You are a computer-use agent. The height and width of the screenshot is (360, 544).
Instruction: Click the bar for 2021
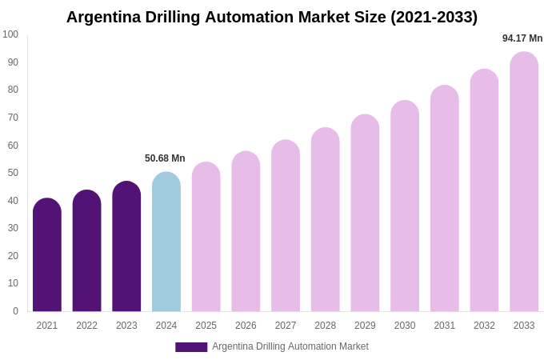(x=47, y=256)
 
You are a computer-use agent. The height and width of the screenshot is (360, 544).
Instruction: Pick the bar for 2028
(x=326, y=220)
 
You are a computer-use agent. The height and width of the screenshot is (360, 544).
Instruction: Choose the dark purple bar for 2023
(x=126, y=247)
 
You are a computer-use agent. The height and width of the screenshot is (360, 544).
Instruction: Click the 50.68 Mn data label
(x=165, y=158)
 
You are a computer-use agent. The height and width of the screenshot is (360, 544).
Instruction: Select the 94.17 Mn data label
(x=522, y=38)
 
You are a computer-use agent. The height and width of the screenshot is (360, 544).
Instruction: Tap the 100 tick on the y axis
(x=10, y=34)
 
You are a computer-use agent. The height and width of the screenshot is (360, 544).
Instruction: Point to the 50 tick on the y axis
(x=13, y=173)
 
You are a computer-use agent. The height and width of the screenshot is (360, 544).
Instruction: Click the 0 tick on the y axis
(x=15, y=311)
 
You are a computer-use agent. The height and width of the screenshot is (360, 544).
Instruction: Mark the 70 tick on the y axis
(x=13, y=118)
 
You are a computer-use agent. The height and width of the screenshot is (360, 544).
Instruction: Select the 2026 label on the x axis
(x=246, y=326)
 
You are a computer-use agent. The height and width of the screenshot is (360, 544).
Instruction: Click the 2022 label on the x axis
(x=86, y=326)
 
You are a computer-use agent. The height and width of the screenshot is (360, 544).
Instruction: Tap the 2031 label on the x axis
(x=445, y=326)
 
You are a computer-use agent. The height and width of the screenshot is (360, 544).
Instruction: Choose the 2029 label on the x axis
(x=365, y=326)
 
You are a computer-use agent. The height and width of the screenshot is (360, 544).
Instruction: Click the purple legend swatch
(x=191, y=347)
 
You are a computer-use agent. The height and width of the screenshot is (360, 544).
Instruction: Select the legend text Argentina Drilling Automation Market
(x=290, y=346)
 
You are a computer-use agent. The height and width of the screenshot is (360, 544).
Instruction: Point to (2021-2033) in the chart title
(x=434, y=17)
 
